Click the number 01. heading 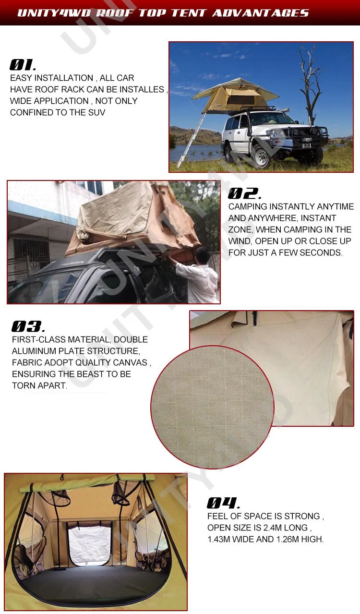23,65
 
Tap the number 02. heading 244,194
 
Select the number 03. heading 28,326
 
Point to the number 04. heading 223,503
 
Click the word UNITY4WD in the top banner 53,12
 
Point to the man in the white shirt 199,278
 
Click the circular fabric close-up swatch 212,407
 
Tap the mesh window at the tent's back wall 89,545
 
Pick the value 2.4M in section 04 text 270,528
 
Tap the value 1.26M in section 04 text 290,540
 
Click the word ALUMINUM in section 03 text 34,351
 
